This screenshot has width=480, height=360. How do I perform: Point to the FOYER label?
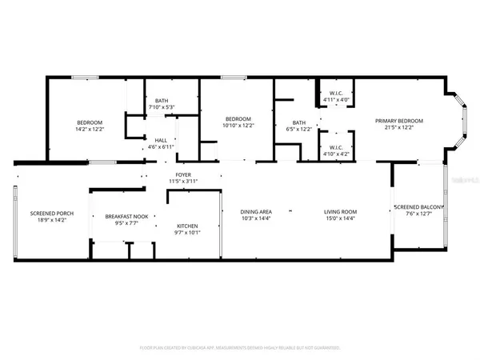point(184,174)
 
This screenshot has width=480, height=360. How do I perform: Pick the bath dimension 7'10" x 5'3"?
point(162,107)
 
